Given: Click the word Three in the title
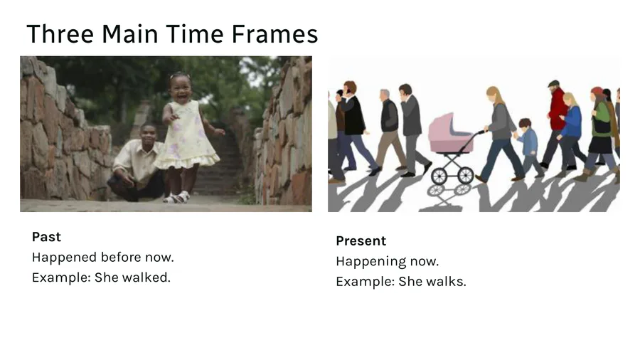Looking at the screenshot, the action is [60, 33].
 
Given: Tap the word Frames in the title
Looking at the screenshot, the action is [274, 33].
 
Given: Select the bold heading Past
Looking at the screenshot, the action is [46, 237].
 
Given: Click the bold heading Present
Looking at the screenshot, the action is [361, 240].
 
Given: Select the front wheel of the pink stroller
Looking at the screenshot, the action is [439, 176].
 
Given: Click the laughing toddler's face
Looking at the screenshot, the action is [181, 87].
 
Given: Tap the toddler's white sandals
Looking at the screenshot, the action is [178, 198].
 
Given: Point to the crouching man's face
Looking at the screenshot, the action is [149, 136].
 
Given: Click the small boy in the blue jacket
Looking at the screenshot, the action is [529, 147].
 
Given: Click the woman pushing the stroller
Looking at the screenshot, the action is [501, 134].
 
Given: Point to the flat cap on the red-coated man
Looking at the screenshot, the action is [553, 83].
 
